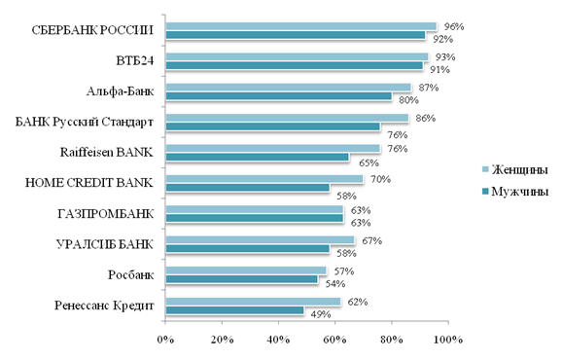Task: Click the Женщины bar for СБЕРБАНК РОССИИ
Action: [x=301, y=26]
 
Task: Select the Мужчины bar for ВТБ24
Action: [x=295, y=65]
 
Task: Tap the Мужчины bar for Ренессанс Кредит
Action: [x=234, y=309]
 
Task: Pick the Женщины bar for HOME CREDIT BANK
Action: [x=264, y=179]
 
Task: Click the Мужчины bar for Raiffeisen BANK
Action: [x=258, y=157]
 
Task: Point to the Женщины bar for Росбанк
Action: [x=246, y=270]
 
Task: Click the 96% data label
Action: [x=454, y=26]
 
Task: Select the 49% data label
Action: [x=321, y=314]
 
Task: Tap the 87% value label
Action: [x=429, y=88]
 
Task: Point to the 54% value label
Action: [x=335, y=284]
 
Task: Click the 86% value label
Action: [x=426, y=118]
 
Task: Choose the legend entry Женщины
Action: [x=515, y=169]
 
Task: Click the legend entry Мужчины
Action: [x=515, y=192]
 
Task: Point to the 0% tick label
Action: [x=165, y=340]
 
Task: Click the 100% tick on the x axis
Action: [x=448, y=340]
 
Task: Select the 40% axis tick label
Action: [x=278, y=340]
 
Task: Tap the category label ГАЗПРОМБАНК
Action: [x=106, y=214]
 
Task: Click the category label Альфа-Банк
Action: [x=120, y=91]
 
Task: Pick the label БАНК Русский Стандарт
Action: [x=85, y=122]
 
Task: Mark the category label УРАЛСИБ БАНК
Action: [x=105, y=244]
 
